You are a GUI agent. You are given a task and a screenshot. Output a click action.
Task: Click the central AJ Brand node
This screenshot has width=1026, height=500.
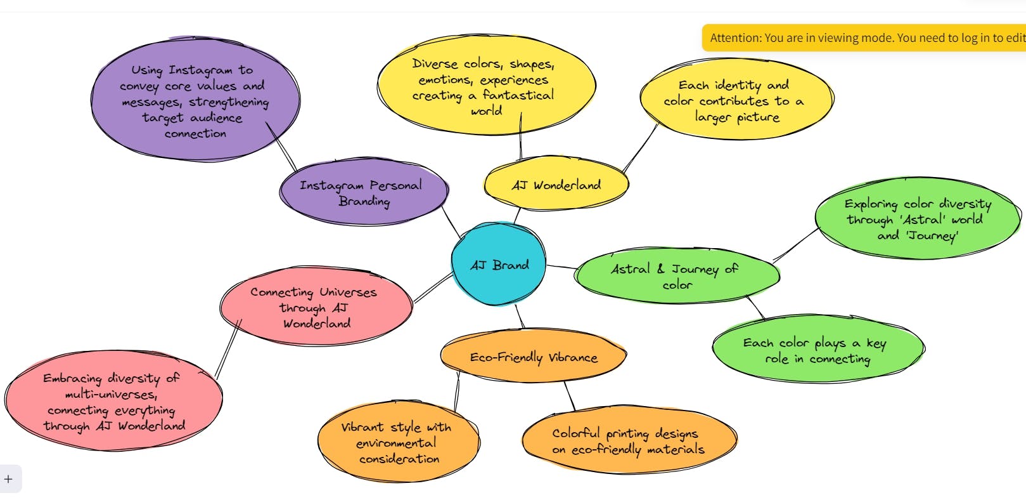(499, 265)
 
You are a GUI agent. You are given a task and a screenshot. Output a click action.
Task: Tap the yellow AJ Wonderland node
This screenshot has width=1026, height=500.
(556, 185)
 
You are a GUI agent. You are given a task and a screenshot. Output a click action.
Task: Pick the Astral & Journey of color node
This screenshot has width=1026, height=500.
(676, 276)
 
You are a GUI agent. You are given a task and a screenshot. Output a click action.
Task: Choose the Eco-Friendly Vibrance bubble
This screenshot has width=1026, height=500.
(533, 357)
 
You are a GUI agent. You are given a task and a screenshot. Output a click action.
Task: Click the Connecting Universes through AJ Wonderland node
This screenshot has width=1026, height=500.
(315, 307)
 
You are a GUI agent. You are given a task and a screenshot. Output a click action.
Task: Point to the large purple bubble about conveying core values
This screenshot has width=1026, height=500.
(195, 101)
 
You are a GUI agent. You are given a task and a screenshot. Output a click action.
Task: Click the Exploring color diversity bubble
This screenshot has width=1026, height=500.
(917, 219)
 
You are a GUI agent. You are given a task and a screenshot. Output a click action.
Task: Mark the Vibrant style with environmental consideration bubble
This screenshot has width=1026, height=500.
(397, 442)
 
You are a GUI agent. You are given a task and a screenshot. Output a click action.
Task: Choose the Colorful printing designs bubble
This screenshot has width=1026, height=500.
(628, 440)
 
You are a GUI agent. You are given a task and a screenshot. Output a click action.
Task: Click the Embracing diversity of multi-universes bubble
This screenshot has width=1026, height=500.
(113, 401)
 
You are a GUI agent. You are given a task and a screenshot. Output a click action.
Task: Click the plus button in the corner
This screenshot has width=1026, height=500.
(8, 479)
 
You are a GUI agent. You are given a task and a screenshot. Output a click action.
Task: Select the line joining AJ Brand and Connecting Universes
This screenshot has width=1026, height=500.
(433, 287)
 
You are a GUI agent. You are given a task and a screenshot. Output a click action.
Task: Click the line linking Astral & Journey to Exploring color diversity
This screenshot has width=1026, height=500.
(796, 245)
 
